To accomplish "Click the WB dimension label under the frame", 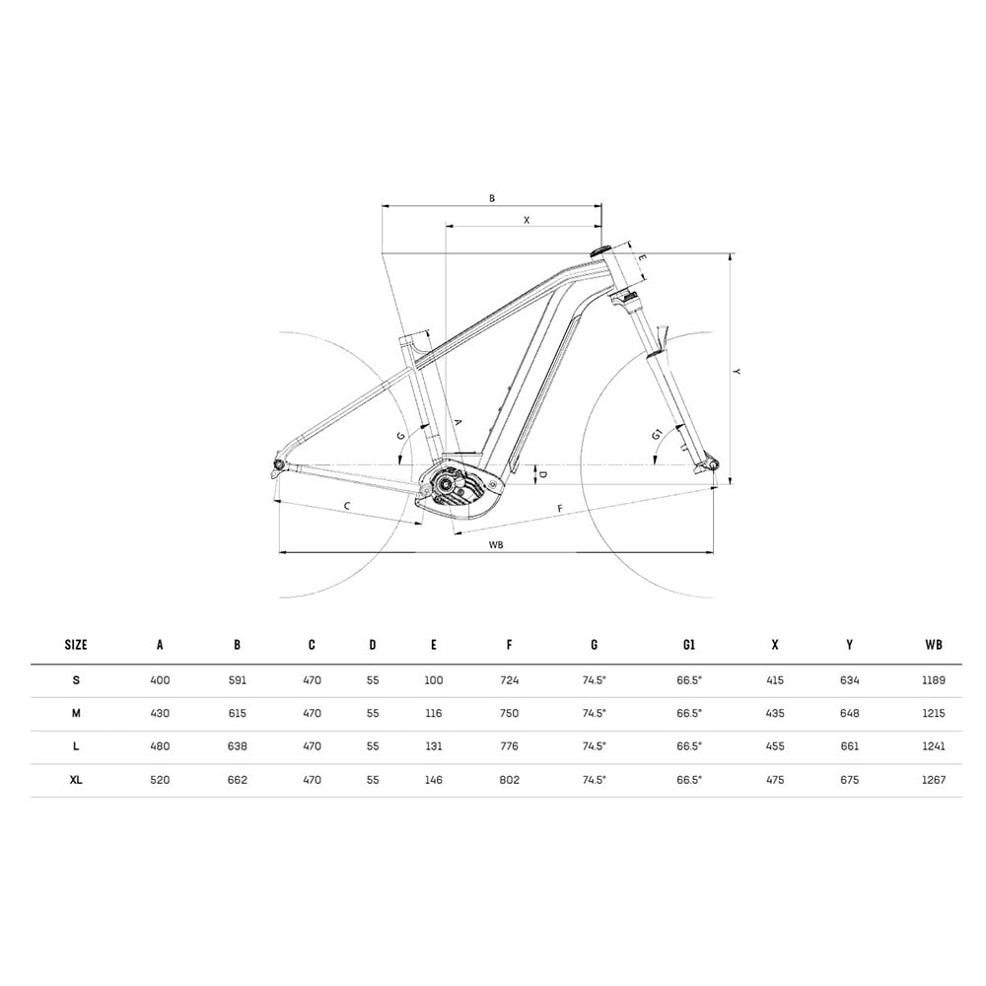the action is [496, 544].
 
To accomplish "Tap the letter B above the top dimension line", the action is [492, 198].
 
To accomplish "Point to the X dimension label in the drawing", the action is [527, 220].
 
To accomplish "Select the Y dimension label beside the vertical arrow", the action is [737, 372].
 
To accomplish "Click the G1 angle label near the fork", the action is [657, 434].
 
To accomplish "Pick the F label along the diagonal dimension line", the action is [560, 508].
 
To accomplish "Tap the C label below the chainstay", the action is [347, 506].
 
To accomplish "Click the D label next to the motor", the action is [542, 474].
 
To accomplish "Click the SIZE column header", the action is [76, 645].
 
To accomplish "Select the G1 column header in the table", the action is [689, 645].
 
